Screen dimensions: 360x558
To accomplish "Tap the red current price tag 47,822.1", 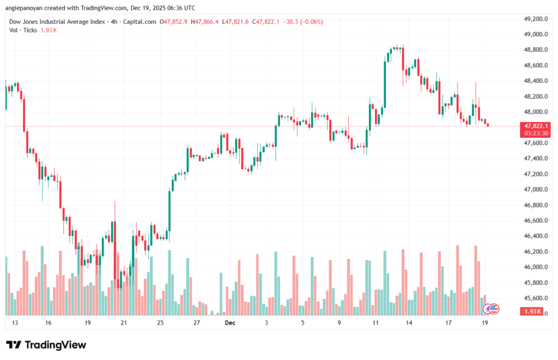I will click(x=536, y=126).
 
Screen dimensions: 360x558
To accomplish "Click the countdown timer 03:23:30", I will click(x=536, y=133).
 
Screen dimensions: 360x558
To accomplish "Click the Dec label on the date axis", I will click(x=229, y=323).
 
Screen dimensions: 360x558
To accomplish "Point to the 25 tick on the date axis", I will click(x=160, y=323).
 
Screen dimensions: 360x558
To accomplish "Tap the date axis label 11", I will click(x=375, y=323).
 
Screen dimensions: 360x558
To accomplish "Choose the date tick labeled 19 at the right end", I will click(x=484, y=323).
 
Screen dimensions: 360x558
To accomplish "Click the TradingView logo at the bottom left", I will click(x=46, y=345).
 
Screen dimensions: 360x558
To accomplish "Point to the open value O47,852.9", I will click(x=174, y=22).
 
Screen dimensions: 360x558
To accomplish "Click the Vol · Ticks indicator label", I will click(x=23, y=30).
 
